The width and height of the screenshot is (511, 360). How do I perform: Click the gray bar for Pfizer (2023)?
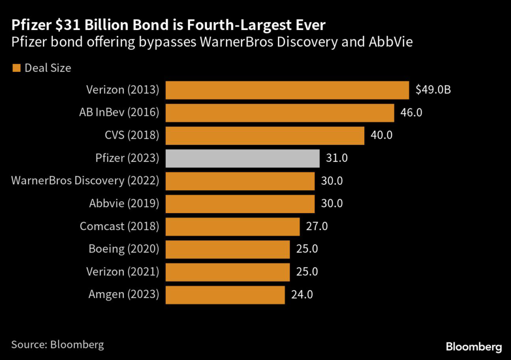coord(242,158)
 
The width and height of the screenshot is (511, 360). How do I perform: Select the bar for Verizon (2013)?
coord(287,90)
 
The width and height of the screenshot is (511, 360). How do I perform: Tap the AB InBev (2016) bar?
coord(279,113)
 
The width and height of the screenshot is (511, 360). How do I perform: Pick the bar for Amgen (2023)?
coord(225,295)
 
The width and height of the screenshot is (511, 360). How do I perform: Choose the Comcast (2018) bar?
coord(232,226)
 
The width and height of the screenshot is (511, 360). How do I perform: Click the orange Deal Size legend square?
coord(16,68)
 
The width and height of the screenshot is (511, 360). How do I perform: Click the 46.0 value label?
coord(411,113)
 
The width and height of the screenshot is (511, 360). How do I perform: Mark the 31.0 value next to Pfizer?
coord(336,158)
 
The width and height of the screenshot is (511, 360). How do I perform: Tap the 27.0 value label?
coord(316,226)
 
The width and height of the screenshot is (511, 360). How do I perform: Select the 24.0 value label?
coord(301,295)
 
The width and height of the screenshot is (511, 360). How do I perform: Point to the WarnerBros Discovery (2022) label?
coord(85,181)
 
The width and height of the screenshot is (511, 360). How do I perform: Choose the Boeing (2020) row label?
coord(124,249)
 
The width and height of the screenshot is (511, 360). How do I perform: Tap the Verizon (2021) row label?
coord(123,272)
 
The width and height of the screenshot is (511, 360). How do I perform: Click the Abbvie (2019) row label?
coord(124,204)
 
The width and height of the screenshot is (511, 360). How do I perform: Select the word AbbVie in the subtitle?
coord(392,42)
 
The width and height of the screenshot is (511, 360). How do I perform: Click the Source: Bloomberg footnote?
coord(58,345)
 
